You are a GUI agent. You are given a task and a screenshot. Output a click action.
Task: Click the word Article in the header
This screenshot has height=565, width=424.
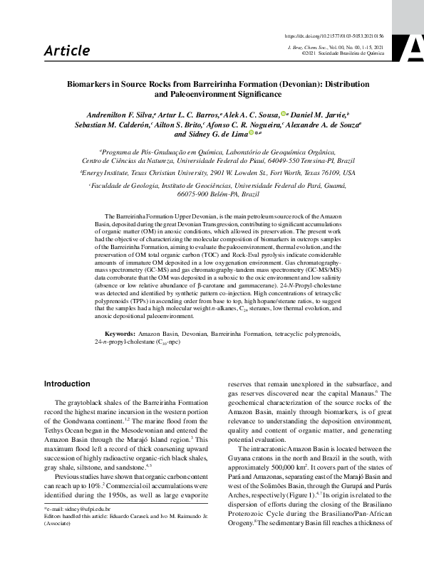click(x=66, y=51)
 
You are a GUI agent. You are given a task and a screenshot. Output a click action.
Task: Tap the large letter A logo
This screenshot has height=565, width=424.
click(x=413, y=46)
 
